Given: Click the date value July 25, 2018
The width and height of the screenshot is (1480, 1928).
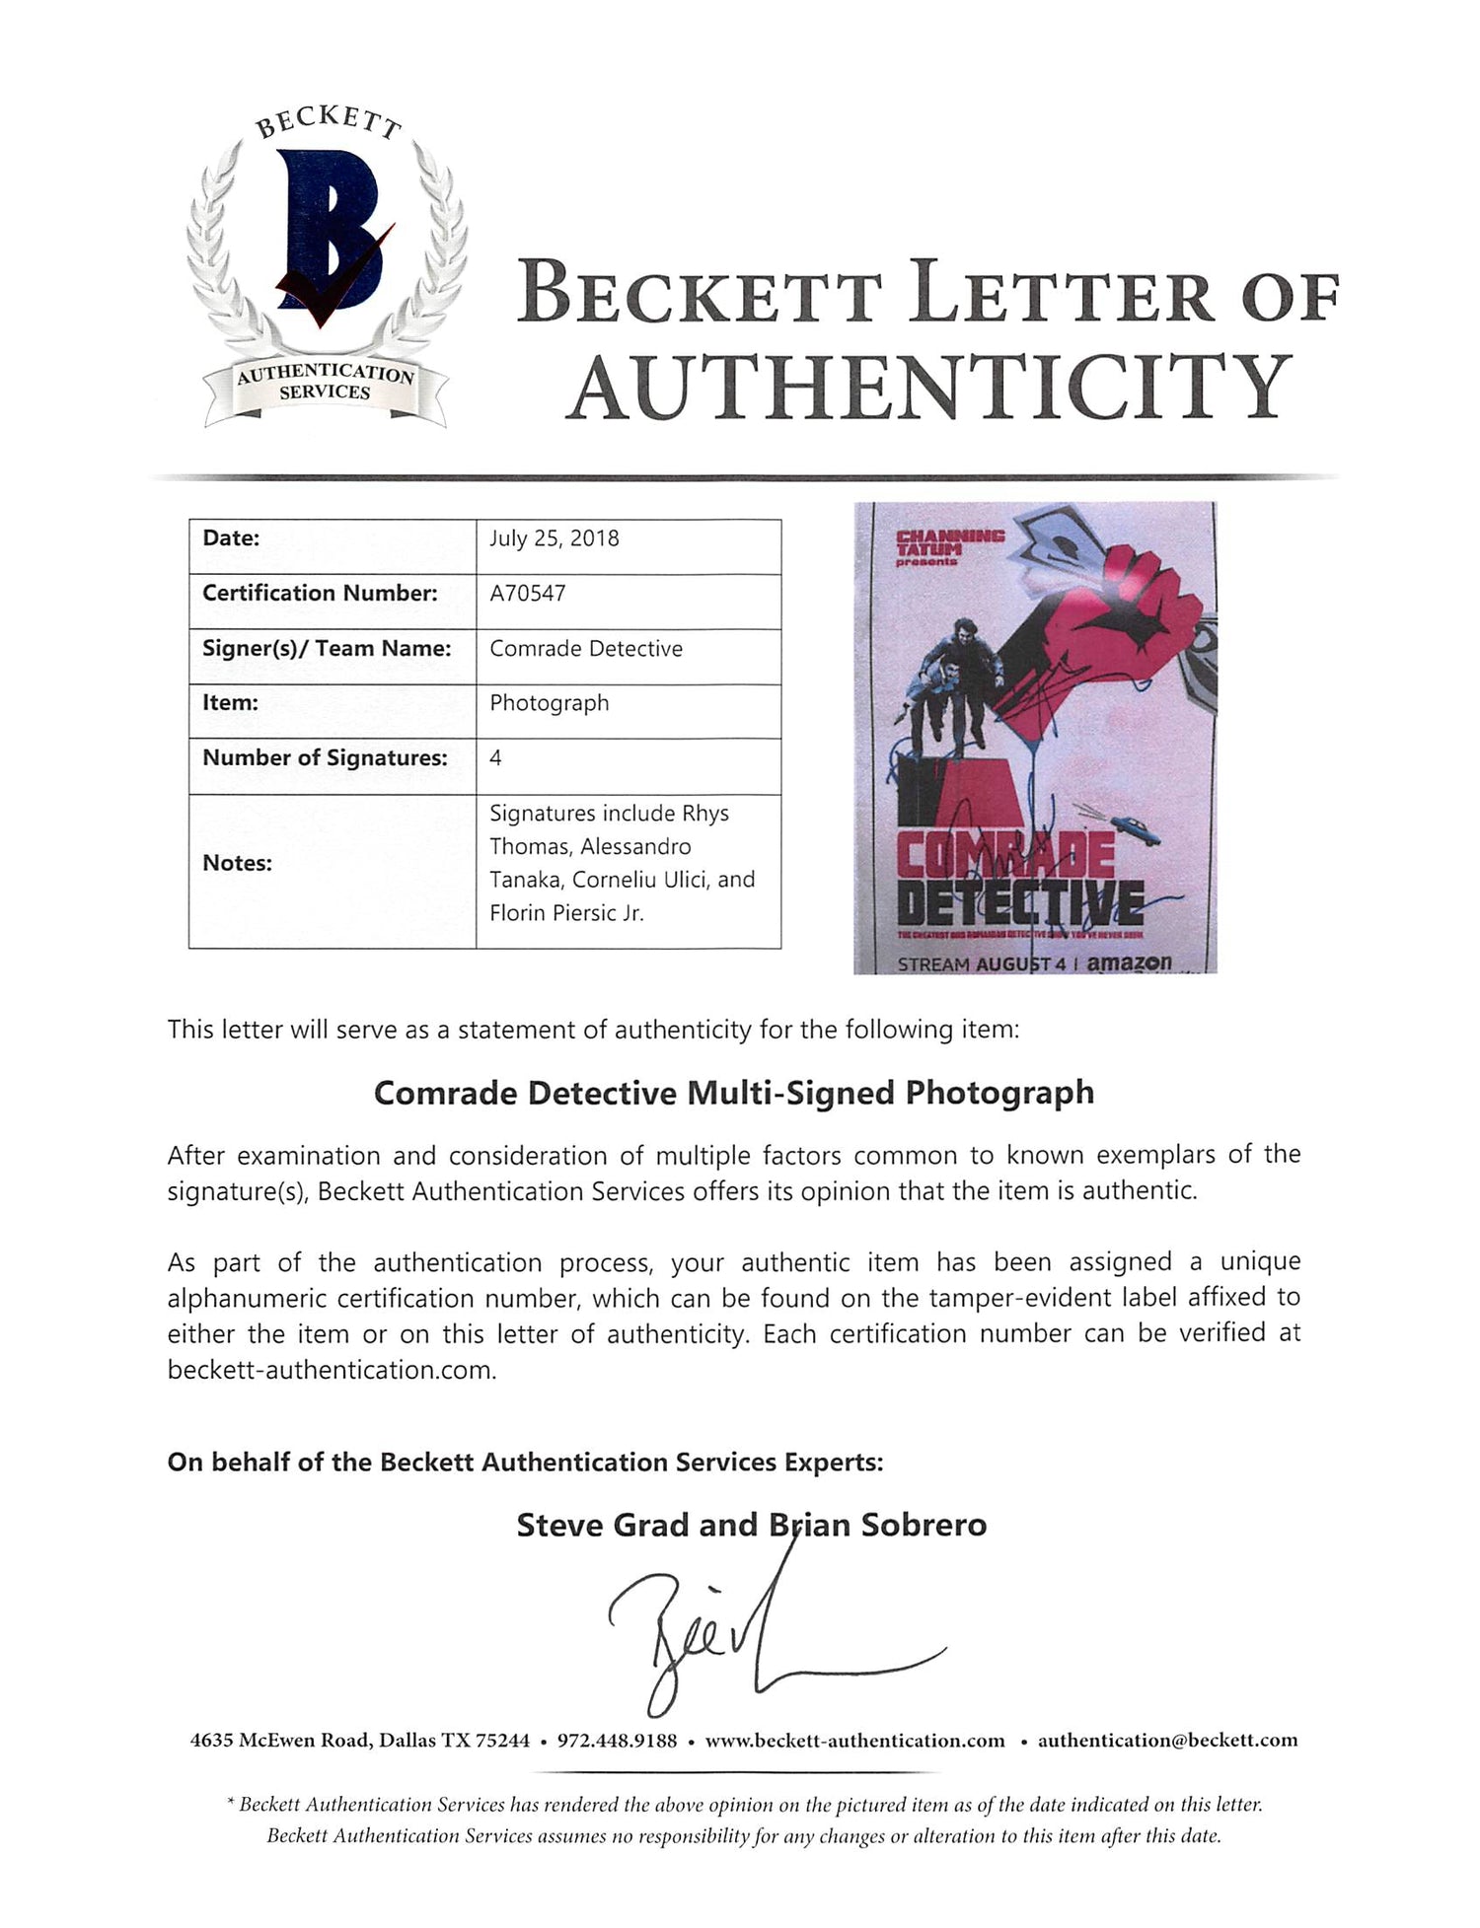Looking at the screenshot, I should pyautogui.click(x=555, y=538).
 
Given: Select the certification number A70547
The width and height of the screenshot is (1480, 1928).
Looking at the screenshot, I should pyautogui.click(x=528, y=593).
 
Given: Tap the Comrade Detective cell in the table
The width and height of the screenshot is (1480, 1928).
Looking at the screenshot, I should pyautogui.click(x=586, y=649).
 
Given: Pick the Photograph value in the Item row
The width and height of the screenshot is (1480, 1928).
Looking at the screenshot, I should pyautogui.click(x=550, y=703).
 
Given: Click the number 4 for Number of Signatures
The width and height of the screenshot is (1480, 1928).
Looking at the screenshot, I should pyautogui.click(x=495, y=757).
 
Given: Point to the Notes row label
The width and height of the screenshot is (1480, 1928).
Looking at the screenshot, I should pyautogui.click(x=238, y=863).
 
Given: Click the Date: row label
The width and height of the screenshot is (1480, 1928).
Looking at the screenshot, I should pyautogui.click(x=231, y=538).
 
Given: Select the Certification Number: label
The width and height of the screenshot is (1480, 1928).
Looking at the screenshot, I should pyautogui.click(x=320, y=593).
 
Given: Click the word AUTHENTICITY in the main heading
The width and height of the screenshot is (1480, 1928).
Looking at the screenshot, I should pyautogui.click(x=931, y=387).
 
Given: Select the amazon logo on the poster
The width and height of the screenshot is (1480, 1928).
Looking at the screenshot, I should pyautogui.click(x=1129, y=962).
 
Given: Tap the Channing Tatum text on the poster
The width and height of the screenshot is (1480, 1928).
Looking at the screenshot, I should pyautogui.click(x=948, y=541).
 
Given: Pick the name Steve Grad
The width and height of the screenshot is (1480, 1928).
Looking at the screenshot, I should pyautogui.click(x=604, y=1526).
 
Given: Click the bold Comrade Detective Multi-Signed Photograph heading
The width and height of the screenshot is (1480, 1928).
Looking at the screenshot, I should pyautogui.click(x=733, y=1093).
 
